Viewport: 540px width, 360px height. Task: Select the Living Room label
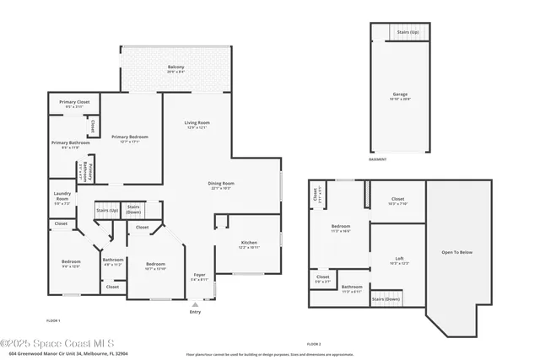coord(197,125)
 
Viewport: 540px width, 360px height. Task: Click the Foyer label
coord(199,276)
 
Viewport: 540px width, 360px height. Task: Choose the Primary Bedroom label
coord(129,138)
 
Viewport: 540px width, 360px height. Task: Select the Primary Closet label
coord(74,103)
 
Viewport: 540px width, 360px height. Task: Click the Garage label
coord(400,95)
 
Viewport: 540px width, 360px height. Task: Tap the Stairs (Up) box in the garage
coord(408,32)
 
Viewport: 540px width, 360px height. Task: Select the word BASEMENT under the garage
coord(378,159)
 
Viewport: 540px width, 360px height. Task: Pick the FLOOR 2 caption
coord(314,345)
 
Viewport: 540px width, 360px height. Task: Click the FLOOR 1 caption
coord(53,320)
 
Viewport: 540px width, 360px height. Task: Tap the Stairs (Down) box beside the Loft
coord(386,298)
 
